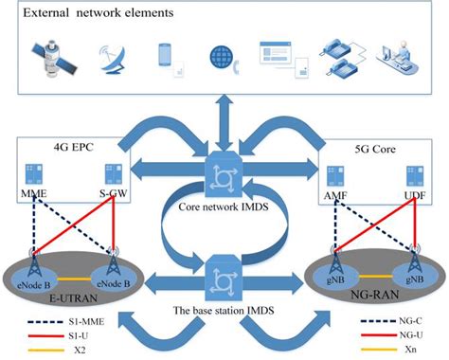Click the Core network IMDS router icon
pos(225,174)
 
